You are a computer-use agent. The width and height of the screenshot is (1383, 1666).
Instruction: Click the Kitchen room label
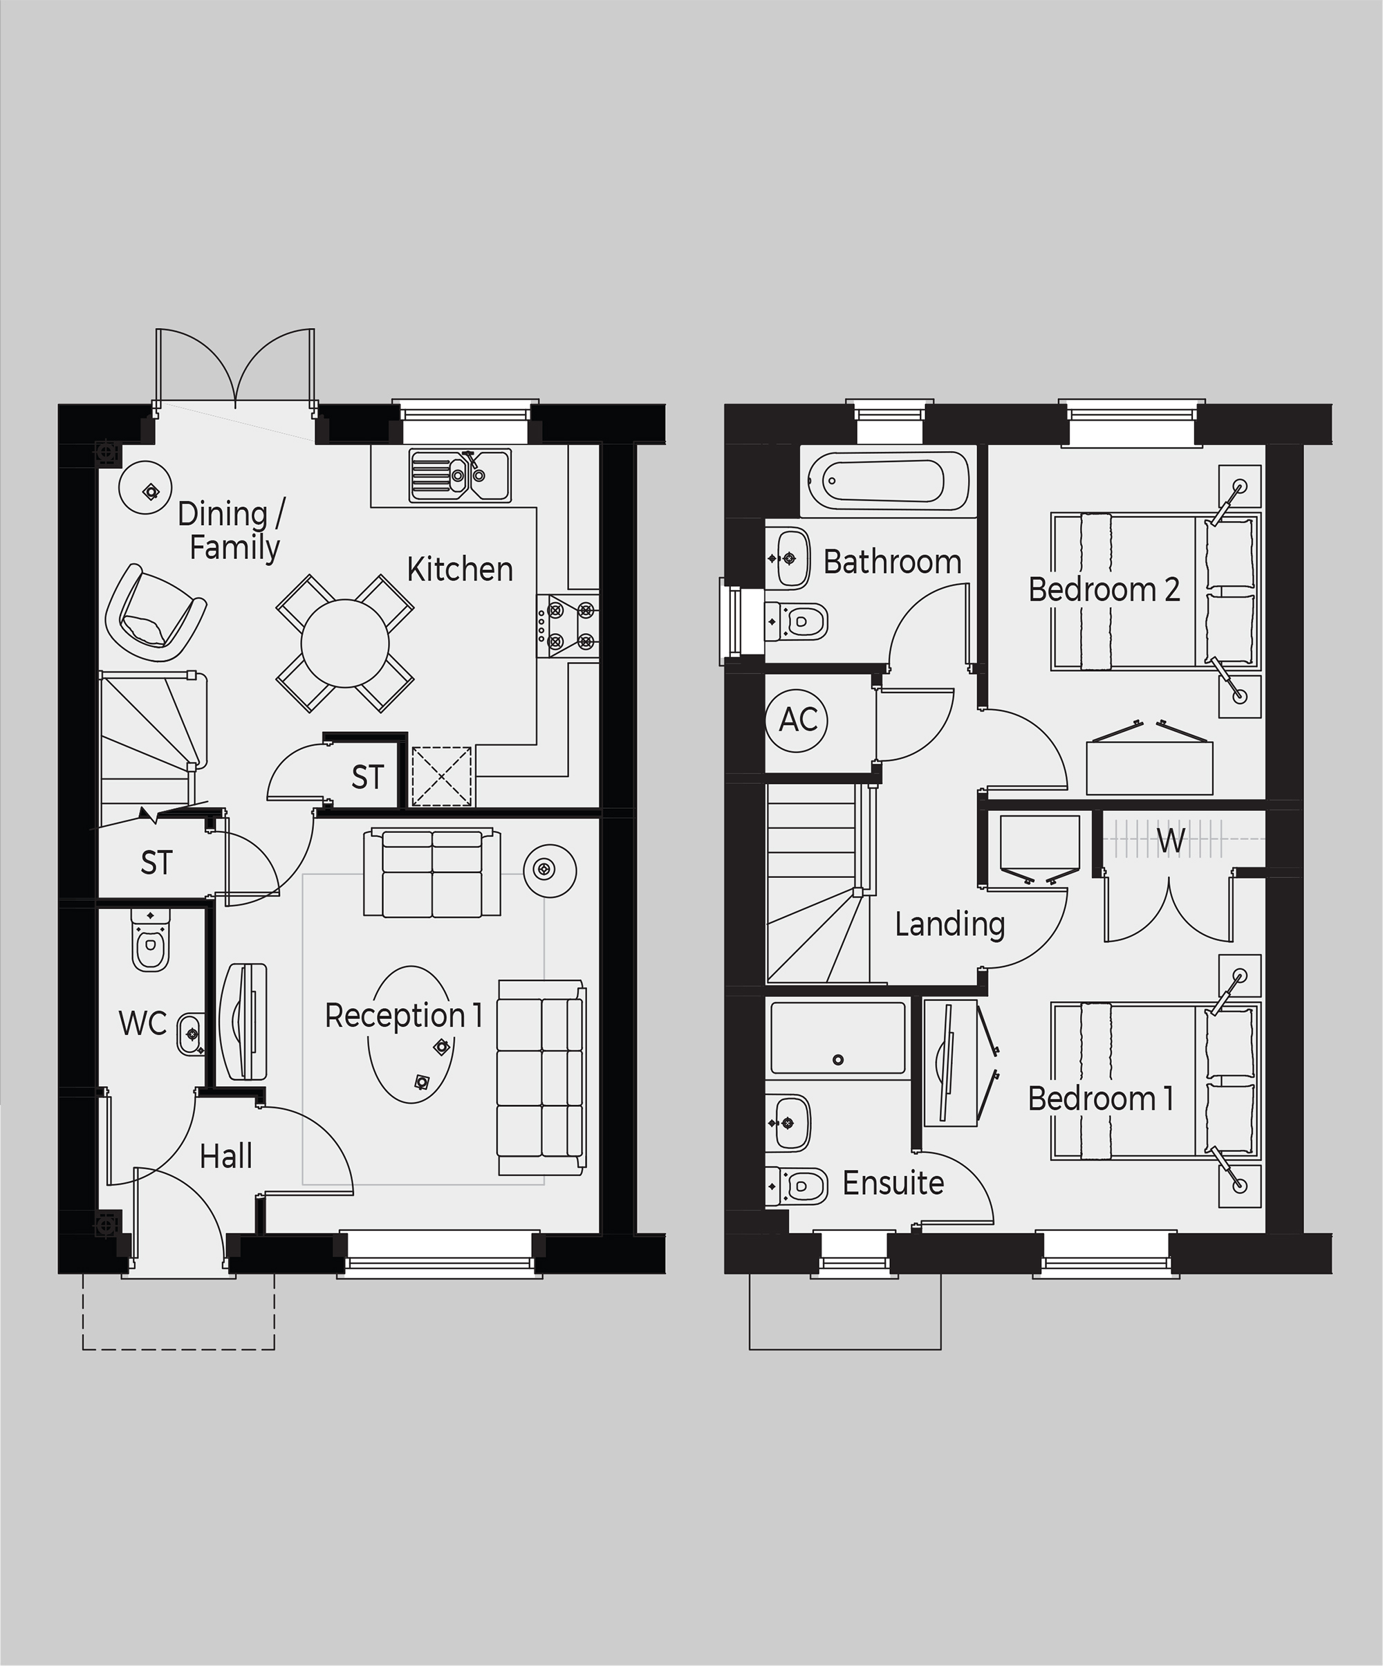tap(460, 569)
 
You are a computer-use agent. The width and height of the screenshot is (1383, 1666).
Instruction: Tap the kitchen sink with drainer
tap(460, 475)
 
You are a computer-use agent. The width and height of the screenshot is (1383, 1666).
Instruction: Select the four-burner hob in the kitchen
tap(568, 625)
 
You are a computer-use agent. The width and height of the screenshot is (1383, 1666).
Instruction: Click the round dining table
tap(345, 643)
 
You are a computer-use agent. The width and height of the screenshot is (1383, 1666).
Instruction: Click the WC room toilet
tap(151, 940)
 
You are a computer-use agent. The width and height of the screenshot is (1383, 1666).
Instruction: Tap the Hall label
tap(226, 1157)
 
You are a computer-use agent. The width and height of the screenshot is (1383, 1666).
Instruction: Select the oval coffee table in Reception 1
tap(411, 1034)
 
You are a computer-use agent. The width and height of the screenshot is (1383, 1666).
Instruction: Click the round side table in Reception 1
tap(550, 870)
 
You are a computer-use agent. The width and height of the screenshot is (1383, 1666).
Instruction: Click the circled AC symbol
tap(798, 720)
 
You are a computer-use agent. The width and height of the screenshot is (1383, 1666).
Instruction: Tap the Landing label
tap(950, 924)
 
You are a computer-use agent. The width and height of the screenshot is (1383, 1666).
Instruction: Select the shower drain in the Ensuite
tap(838, 1059)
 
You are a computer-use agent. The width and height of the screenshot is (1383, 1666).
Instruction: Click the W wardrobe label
tap(1171, 840)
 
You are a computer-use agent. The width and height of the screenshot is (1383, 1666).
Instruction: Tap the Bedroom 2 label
tap(1104, 589)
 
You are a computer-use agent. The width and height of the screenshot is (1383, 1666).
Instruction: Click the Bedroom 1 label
tap(1101, 1099)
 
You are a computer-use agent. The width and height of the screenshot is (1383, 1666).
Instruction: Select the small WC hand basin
tap(189, 1034)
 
